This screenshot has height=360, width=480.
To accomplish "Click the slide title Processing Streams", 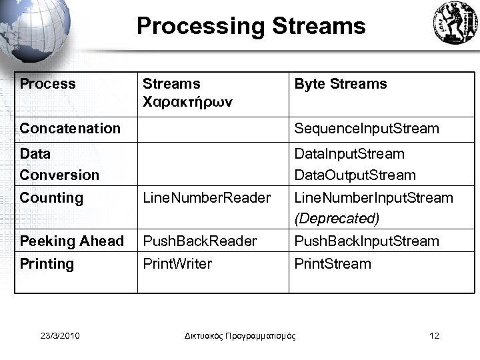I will coord(251,26).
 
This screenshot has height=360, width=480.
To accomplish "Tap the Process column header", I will coord(48,84).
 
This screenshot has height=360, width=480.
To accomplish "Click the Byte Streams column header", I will coord(340,84).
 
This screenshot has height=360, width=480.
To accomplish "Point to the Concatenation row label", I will coord(70,129).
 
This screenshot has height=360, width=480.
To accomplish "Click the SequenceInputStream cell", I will coord(367,129).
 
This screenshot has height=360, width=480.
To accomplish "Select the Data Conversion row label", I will coord(59,164).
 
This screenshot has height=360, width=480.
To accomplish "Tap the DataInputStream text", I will coord(349,154).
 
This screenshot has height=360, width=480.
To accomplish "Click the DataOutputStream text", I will coord(355,175).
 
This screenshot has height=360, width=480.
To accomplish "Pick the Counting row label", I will coord(51,198).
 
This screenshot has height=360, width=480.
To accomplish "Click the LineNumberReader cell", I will coord(207,198).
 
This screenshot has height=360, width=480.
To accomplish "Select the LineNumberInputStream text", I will coord(373,198).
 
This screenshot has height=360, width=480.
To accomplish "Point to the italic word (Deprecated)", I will coord(337,219).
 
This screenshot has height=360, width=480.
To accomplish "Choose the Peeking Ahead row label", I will coord(72,241).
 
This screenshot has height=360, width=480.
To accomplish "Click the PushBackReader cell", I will coord(200,241).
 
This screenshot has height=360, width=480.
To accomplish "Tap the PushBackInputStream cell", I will coord(367,241).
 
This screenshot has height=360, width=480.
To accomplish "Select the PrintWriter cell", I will coord(177,264).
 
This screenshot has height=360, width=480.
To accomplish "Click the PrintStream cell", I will coord(333,264).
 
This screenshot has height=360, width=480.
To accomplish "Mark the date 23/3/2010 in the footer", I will coord(59,335).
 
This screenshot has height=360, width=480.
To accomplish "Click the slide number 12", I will coord(435,335).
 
